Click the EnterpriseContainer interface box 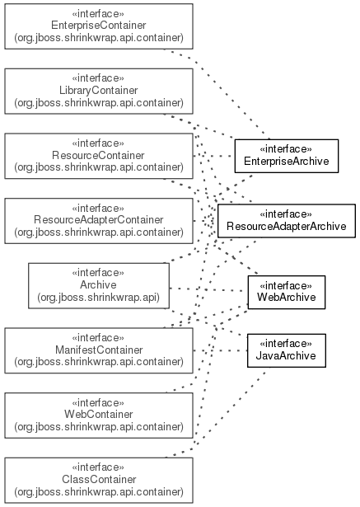pos(99,26)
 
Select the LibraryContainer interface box pos(99,92)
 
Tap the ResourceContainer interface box pos(99,156)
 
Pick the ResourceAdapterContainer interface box pos(99,221)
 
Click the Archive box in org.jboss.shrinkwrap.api pos(99,285)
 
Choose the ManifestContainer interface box pos(99,350)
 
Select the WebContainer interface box pos(99,415)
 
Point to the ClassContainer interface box pos(99,480)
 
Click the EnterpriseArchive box pos(287,156)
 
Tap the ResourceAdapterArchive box pos(287,221)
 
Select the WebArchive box pos(287,293)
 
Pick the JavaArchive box pos(287,350)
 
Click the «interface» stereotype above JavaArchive pos(286,344)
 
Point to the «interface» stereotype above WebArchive pos(286,286)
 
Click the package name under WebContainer pos(99,427)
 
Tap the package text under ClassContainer pos(99,492)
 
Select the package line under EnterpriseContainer pos(99,38)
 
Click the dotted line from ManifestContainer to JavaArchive pos(221,350)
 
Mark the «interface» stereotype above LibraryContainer pos(98,78)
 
